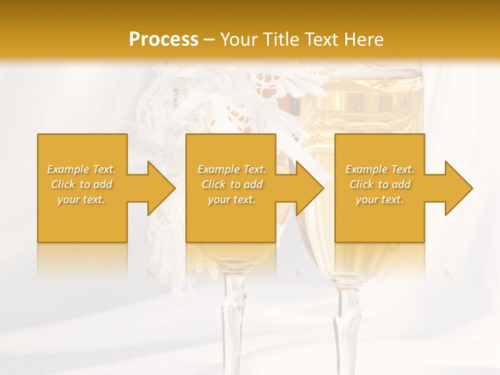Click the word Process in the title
point(164,40)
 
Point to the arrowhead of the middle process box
point(309,188)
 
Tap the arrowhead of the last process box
point(458,188)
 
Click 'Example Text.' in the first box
point(81,169)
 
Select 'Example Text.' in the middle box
point(232,169)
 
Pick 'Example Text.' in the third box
point(380,169)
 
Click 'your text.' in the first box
point(81,199)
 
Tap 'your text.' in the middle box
point(232,199)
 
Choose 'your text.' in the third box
point(380,199)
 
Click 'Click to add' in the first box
point(81,184)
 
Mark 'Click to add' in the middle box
point(232,184)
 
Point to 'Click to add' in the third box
point(380,184)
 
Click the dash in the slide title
point(209,40)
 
